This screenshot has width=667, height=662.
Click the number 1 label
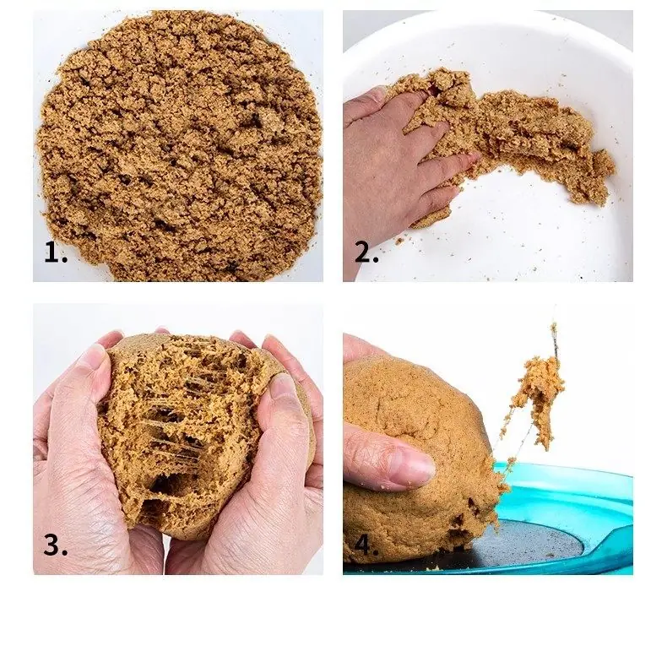pos(55,252)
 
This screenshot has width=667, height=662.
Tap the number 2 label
pos(366,252)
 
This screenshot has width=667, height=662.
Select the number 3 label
pos(55,545)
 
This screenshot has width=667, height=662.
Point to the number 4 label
pos(366,545)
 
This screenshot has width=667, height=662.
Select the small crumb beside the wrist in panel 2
pos(399,241)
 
